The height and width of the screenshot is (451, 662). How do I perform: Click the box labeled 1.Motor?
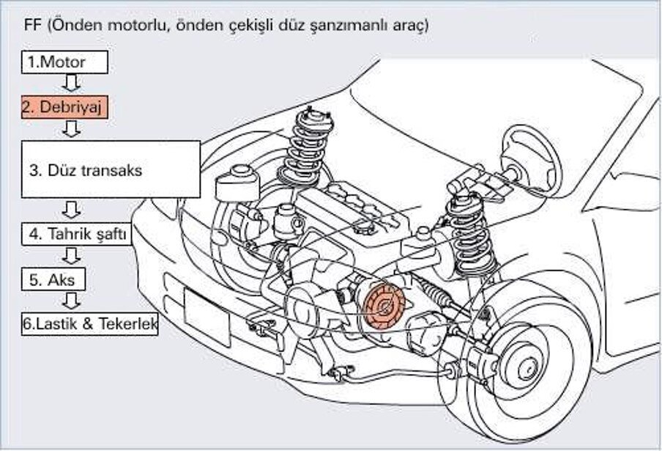coord(64,62)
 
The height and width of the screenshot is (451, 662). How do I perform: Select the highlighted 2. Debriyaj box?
coord(64,107)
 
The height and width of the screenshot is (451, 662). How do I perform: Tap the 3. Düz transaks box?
coord(110,169)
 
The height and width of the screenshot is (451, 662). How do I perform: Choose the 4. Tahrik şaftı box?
coord(78,235)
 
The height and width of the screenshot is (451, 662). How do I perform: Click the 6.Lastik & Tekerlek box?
coord(90,323)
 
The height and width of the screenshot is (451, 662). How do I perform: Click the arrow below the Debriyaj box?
coord(71,129)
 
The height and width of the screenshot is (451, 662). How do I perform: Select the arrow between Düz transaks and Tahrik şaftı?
coord(71,210)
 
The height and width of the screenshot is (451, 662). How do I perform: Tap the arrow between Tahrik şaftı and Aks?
coord(71,256)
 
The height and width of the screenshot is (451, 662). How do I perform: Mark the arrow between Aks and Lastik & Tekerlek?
coord(71,301)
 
